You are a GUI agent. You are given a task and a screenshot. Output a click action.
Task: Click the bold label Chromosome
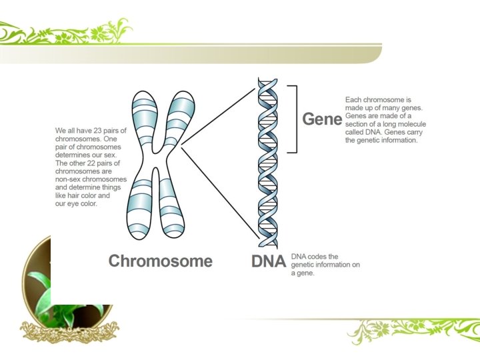(x=160, y=261)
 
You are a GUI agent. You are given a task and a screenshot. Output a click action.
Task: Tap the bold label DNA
(x=269, y=261)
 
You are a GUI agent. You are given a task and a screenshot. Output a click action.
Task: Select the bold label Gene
(x=322, y=119)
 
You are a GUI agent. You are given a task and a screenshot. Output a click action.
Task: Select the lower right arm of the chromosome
(x=171, y=207)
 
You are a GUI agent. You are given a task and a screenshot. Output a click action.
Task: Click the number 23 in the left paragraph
(x=97, y=131)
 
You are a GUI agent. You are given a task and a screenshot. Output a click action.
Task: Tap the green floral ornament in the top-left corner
(x=67, y=32)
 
